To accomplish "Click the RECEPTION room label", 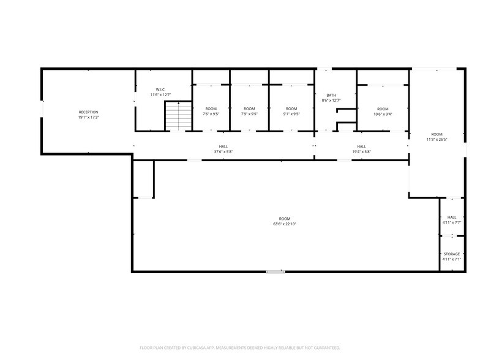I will (88, 112).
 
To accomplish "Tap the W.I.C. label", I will (160, 89).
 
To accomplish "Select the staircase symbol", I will (178, 117).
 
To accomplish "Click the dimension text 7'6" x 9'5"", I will (211, 114).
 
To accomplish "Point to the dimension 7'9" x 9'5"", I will (249, 114).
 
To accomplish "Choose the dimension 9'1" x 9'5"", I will (291, 114).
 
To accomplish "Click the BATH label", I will (331, 95).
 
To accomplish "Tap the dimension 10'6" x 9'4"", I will (383, 114).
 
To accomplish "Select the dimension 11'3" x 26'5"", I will (437, 140).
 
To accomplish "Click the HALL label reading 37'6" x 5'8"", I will (223, 147).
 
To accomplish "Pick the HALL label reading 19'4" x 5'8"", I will (361, 147).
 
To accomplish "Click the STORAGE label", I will (452, 254).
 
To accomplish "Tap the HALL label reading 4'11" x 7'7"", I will (452, 217).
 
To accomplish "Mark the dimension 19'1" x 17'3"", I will (88, 118).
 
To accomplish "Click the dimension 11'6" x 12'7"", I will (160, 95).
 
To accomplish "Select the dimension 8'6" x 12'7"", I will (331, 100).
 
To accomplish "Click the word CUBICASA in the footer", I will (195, 347).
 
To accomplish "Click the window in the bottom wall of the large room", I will (276, 271).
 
